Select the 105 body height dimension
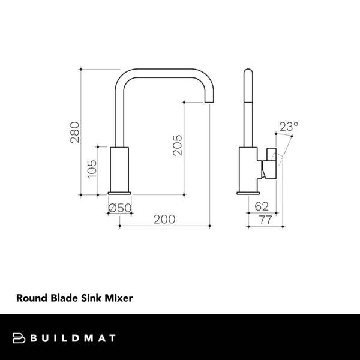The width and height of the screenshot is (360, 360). [92, 170]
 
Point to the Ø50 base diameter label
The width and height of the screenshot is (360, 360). [119, 208]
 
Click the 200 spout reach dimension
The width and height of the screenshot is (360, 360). [164, 220]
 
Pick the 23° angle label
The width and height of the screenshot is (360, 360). [289, 127]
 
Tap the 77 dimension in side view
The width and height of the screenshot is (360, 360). [265, 220]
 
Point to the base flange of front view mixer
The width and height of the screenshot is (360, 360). [120, 193]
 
